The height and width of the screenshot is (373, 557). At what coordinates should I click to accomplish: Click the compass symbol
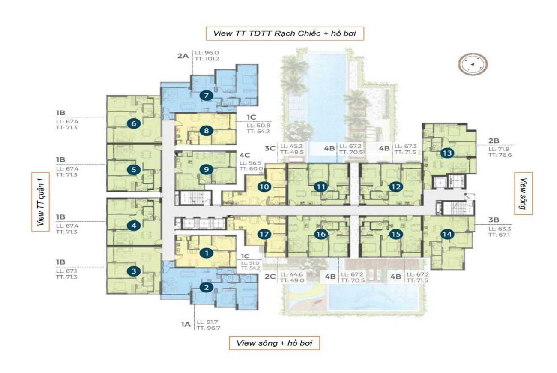click(473, 65)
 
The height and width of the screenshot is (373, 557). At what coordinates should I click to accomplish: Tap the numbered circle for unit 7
click(206, 96)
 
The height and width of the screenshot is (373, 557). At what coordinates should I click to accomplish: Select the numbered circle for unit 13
click(447, 153)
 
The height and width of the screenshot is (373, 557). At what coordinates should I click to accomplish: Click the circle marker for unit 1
click(207, 253)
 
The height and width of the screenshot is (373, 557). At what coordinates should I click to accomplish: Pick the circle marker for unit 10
click(264, 186)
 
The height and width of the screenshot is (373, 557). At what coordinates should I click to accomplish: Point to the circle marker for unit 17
click(264, 234)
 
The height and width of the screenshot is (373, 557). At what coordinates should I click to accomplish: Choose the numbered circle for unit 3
click(134, 271)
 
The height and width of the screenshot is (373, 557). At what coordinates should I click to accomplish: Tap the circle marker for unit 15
click(396, 234)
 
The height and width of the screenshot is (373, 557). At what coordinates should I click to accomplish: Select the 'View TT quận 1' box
click(40, 202)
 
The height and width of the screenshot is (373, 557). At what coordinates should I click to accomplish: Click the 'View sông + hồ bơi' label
click(274, 343)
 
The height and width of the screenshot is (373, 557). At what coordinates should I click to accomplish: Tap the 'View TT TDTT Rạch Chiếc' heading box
click(284, 33)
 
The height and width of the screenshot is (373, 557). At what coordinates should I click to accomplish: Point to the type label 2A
click(183, 56)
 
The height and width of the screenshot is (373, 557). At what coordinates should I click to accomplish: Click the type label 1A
click(185, 325)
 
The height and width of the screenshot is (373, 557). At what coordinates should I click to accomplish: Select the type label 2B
click(493, 141)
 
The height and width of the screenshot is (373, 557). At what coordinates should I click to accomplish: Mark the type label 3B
click(493, 220)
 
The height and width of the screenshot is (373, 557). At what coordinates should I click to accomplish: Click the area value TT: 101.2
click(207, 59)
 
